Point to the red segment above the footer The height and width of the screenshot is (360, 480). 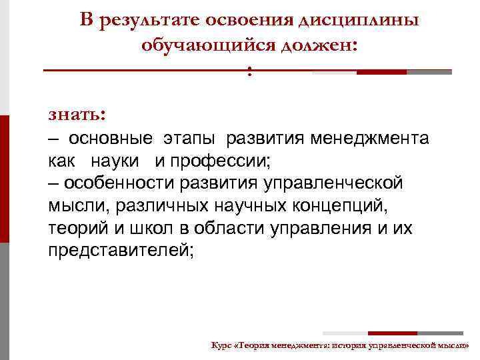click(393, 333)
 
